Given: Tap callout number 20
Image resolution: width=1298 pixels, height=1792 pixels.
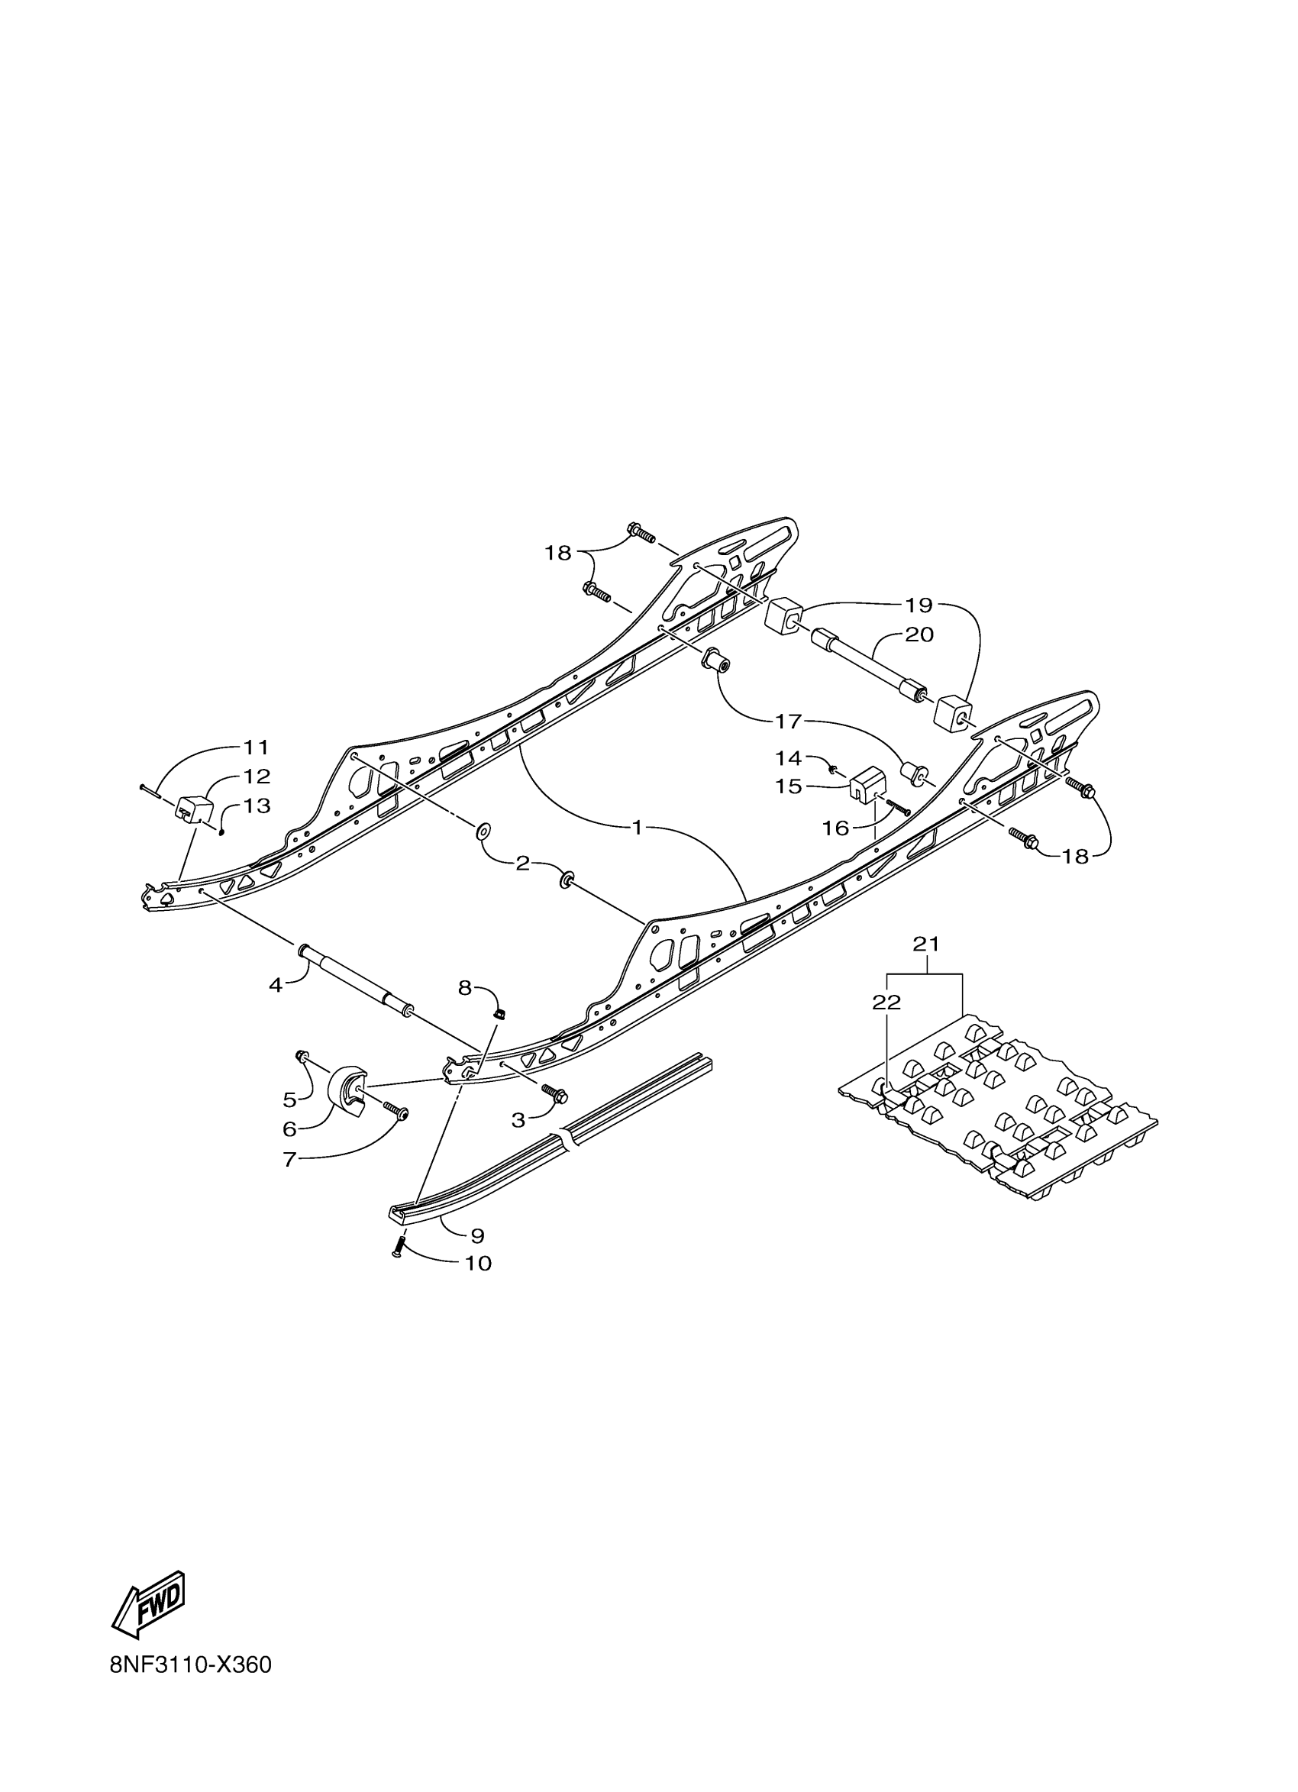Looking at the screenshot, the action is click(919, 634).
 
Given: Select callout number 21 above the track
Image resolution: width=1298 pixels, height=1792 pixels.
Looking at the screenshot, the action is click(926, 944).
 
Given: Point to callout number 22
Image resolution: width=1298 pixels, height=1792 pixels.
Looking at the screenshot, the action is click(886, 1002).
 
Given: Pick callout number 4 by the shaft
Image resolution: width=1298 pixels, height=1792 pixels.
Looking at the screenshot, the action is click(275, 985).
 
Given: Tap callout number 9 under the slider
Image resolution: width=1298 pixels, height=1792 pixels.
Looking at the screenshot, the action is click(476, 1235).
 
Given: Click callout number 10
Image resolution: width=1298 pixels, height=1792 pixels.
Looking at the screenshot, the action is click(478, 1264).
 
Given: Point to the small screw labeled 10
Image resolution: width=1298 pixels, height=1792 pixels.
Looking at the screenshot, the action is click(397, 1248).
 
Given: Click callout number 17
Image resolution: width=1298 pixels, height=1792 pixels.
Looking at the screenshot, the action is click(789, 721).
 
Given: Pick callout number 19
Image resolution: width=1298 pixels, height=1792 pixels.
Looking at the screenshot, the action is click(919, 605).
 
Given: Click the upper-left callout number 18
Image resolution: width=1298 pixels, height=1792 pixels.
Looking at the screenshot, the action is click(557, 553).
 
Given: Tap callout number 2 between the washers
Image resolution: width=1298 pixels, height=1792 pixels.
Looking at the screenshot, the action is click(522, 864).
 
